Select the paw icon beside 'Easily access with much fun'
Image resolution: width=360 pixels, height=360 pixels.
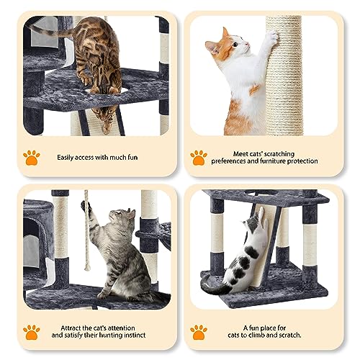tap(31, 156)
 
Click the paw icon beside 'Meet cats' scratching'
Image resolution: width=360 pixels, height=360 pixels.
tap(198, 156)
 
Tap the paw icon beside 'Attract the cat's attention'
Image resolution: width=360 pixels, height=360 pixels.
tap(31, 331)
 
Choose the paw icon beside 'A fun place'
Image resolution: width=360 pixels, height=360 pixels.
tap(198, 331)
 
